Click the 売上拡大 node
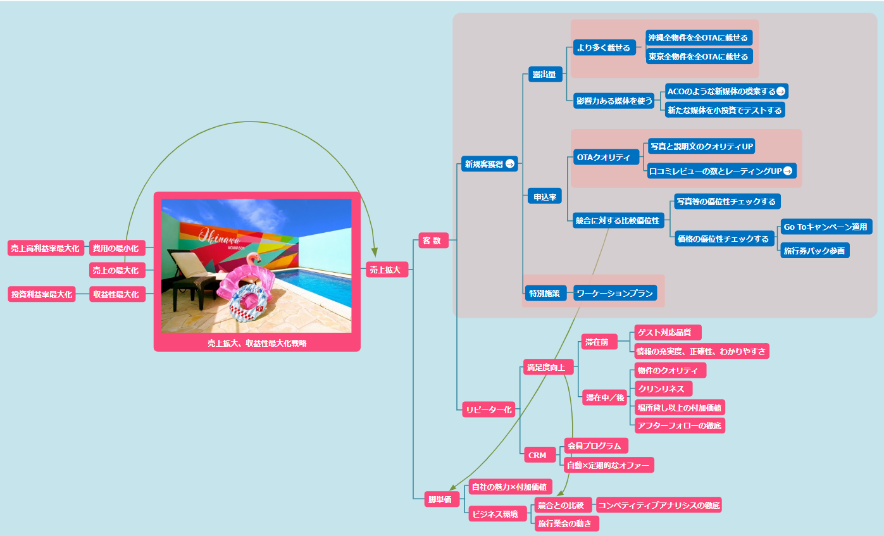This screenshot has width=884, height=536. (x=385, y=270)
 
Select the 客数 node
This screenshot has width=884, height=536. (x=433, y=240)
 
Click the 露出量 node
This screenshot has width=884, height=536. (x=544, y=75)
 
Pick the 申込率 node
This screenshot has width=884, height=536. (x=544, y=197)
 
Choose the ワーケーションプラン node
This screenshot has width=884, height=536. (x=614, y=293)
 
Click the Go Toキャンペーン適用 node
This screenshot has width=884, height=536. (x=826, y=227)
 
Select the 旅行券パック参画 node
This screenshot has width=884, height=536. (x=814, y=251)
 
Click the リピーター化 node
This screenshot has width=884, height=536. (x=489, y=409)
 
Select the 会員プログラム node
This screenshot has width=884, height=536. (x=595, y=446)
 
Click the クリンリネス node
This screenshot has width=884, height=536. (x=663, y=389)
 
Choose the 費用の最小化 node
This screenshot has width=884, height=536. (x=117, y=247)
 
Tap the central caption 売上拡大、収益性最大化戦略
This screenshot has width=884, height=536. (x=257, y=343)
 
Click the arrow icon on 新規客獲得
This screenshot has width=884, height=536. (x=510, y=164)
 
